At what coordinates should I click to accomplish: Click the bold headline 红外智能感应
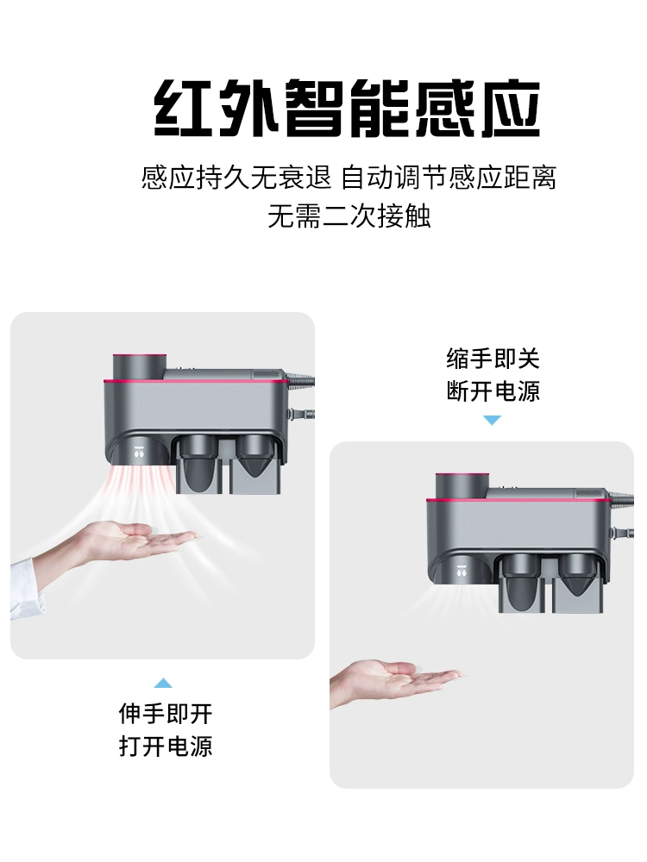point(347,109)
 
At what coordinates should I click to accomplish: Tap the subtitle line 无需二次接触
point(349,215)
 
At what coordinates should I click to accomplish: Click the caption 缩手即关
point(493,359)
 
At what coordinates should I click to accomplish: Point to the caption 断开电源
point(493,390)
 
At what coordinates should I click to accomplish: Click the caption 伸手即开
point(166,714)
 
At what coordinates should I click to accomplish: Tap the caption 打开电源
point(166,746)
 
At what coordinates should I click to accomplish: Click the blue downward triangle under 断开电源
point(493,420)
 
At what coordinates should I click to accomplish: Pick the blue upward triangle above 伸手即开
point(163,683)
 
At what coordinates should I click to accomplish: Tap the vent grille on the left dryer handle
point(269,374)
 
